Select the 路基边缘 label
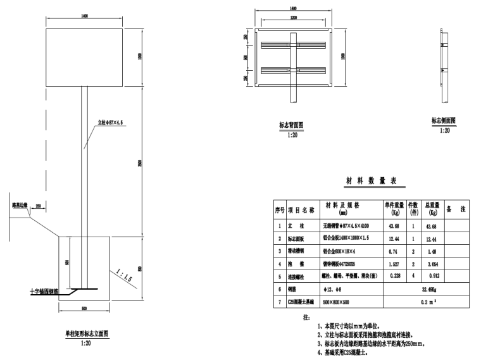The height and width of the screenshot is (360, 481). (x=20, y=206)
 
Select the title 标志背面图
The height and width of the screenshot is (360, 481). (x=291, y=125)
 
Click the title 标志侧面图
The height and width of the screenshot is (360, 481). (x=444, y=120)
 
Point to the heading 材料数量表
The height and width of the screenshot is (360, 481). (x=370, y=182)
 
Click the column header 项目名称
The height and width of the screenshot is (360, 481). (x=301, y=209)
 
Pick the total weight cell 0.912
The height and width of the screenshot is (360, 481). (x=433, y=276)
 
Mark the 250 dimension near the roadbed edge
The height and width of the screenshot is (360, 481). (x=38, y=206)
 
